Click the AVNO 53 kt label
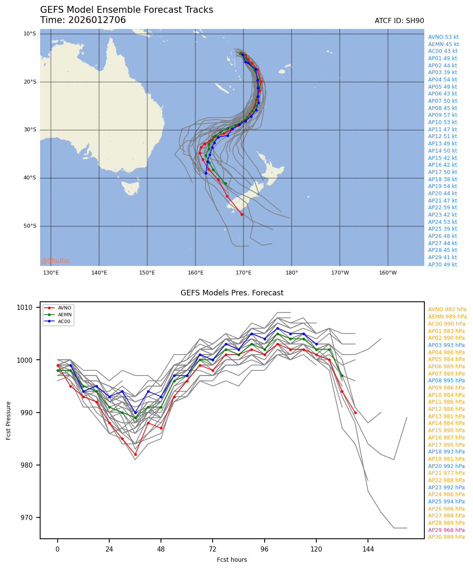click(443, 37)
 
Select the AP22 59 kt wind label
click(443, 208)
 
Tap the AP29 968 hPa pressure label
click(447, 530)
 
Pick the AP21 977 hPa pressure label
click(447, 473)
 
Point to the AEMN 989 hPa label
click(447, 317)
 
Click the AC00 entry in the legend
click(64, 321)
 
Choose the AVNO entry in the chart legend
click(64, 308)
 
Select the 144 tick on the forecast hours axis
click(368, 549)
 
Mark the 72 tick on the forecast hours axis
click(213, 549)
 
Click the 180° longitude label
click(292, 273)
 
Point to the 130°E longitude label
click(51, 273)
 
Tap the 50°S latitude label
click(29, 226)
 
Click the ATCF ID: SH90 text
click(399, 21)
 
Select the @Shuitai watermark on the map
click(55, 261)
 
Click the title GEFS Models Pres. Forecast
click(232, 293)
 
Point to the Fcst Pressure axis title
click(9, 420)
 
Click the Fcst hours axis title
click(232, 560)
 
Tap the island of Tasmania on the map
click(130, 188)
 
